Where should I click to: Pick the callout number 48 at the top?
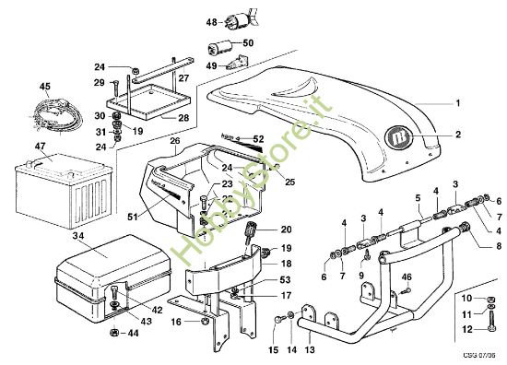(210, 21)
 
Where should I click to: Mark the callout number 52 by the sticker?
(258, 138)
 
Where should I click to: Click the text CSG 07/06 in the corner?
(478, 354)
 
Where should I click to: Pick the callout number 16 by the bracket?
(175, 323)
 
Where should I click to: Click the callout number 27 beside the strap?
(209, 78)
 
